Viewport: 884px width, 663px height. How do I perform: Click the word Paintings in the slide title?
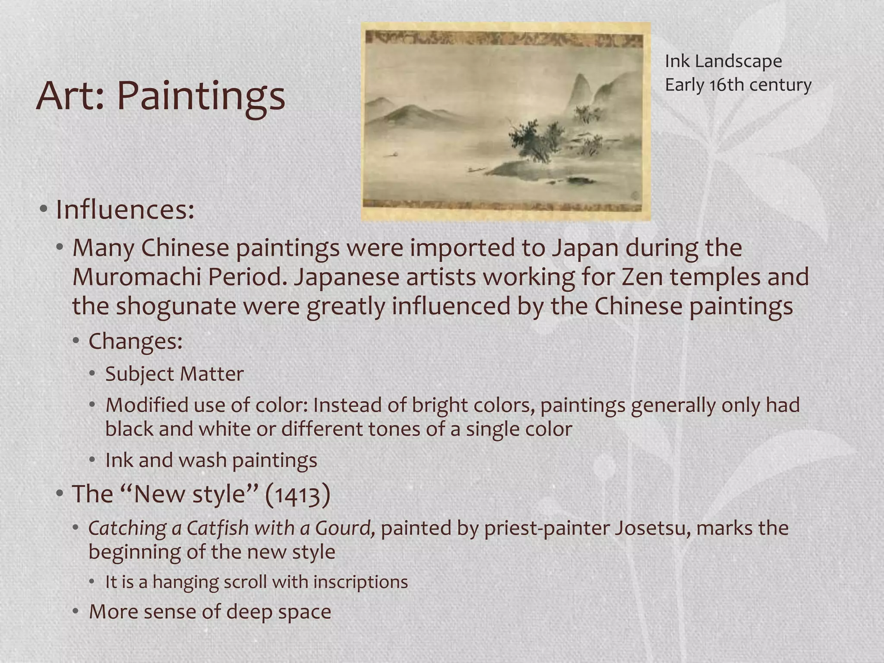(x=201, y=96)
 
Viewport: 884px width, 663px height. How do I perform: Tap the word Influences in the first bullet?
(x=125, y=210)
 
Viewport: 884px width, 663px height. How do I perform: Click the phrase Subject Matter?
(x=174, y=374)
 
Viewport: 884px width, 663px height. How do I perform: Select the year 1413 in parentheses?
(x=297, y=495)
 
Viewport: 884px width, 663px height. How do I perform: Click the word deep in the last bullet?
(x=249, y=612)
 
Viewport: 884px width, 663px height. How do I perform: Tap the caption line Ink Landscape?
(x=723, y=61)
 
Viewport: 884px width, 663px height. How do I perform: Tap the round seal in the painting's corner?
(x=636, y=195)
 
